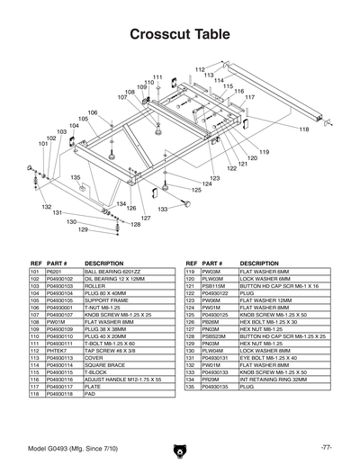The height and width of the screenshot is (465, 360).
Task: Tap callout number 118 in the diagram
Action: (304, 130)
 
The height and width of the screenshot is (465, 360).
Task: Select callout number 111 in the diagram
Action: (157, 78)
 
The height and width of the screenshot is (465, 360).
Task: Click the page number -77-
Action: (326, 447)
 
